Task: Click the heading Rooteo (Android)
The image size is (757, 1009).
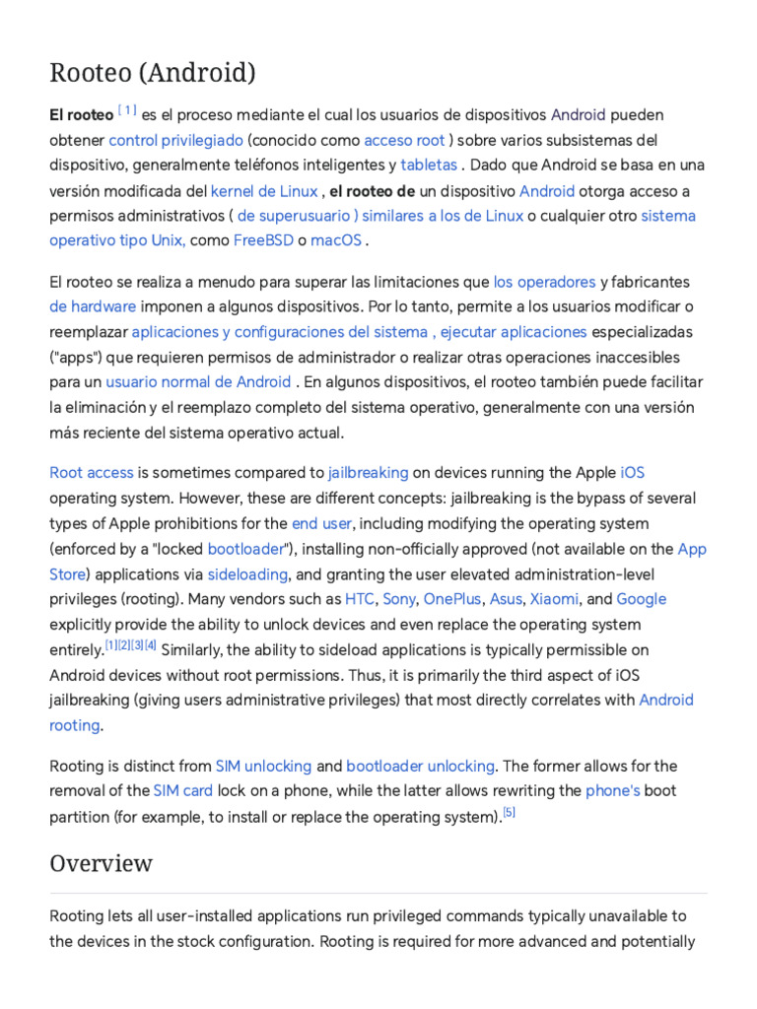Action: pyautogui.click(x=153, y=73)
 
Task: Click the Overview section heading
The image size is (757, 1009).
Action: pyautogui.click(x=102, y=863)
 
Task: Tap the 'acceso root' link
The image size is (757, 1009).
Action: pyautogui.click(x=404, y=140)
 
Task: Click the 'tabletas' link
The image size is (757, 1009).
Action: pyautogui.click(x=429, y=165)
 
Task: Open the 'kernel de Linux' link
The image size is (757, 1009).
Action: pyautogui.click(x=264, y=190)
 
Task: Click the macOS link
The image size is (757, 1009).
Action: pyautogui.click(x=337, y=240)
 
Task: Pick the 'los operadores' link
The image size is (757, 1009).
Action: pyautogui.click(x=544, y=282)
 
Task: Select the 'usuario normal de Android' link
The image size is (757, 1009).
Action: pyautogui.click(x=198, y=381)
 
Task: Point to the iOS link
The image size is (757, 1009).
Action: pyautogui.click(x=633, y=473)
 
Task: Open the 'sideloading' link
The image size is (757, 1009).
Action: pyautogui.click(x=247, y=573)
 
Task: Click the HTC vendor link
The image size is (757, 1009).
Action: pyautogui.click(x=359, y=599)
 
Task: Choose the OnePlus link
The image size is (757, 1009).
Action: pyautogui.click(x=452, y=599)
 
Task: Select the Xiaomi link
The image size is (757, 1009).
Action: pyautogui.click(x=554, y=599)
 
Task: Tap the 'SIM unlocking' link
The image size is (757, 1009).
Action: pyautogui.click(x=263, y=766)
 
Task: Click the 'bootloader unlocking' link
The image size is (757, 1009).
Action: pyautogui.click(x=420, y=766)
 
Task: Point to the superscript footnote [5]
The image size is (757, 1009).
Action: pyautogui.click(x=509, y=813)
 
